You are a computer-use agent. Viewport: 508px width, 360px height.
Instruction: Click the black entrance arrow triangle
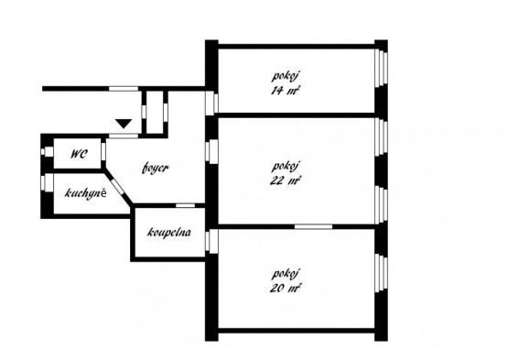tap(124, 124)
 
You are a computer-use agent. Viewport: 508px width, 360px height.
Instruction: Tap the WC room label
tap(79, 154)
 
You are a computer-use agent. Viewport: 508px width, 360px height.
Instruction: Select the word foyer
tap(156, 168)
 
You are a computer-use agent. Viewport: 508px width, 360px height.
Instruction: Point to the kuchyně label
tap(85, 193)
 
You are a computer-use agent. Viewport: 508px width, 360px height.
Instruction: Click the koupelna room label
tap(169, 232)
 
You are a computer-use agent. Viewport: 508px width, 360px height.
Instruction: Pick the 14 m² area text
tap(285, 90)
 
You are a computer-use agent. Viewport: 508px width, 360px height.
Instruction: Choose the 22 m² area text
tap(286, 180)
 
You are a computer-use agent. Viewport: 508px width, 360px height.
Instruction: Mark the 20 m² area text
tap(286, 288)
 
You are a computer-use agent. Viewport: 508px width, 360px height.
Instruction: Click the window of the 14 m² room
tap(381, 68)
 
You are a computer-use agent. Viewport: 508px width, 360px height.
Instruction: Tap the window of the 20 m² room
tap(381, 273)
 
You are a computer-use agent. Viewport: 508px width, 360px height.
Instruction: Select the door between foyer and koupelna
tap(185, 205)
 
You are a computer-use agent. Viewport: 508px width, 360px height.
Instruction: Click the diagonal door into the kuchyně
tap(118, 187)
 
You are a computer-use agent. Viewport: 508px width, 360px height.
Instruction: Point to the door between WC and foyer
tap(103, 151)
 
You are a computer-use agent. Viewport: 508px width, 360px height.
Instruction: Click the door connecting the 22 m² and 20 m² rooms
tap(313, 226)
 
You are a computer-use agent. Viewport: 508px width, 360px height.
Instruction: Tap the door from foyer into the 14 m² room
tap(211, 103)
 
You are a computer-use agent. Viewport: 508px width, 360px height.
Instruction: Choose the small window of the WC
tap(48, 151)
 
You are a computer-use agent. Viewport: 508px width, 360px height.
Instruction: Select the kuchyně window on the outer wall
tap(48, 182)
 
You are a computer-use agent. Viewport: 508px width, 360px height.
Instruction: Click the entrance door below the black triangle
tap(124, 136)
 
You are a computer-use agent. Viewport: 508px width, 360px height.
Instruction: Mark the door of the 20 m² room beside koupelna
tap(211, 241)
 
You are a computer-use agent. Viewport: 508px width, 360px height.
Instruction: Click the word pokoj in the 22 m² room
tap(285, 167)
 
